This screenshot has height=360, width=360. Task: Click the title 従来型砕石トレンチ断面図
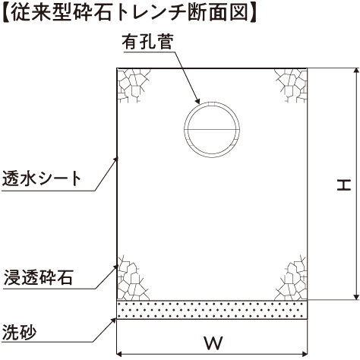(129, 13)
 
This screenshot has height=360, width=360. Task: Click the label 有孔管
(148, 42)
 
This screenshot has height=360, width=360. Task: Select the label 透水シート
(42, 178)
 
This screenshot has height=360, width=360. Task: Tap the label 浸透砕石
(39, 277)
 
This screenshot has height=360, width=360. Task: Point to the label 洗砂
(19, 332)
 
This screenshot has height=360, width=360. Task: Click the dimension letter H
(344, 185)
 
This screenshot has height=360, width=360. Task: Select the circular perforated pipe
(212, 103)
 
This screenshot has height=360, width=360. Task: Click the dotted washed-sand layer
(212, 310)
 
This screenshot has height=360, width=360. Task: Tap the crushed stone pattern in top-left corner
(133, 85)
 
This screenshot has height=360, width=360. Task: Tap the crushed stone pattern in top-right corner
(292, 85)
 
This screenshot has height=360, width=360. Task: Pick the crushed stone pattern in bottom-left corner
(133, 278)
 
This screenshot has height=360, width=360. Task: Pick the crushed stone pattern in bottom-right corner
(292, 278)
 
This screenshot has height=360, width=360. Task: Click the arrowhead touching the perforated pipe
(197, 101)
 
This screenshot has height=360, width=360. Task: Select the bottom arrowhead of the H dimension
(356, 296)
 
